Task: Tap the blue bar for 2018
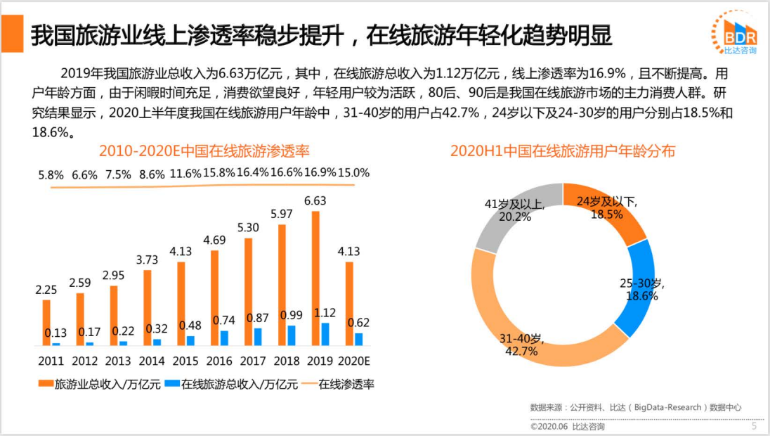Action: [291, 335]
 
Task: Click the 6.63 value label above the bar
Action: [315, 201]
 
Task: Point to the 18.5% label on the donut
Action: [606, 214]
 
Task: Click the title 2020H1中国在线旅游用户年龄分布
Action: [562, 150]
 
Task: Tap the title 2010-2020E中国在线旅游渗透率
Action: [204, 150]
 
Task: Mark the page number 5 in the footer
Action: [755, 425]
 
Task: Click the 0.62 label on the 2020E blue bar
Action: [358, 323]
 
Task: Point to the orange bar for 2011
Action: [46, 323]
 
